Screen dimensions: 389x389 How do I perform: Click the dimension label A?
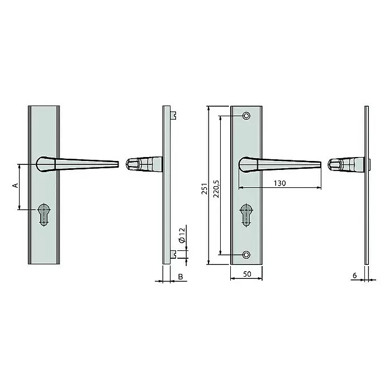(16, 185)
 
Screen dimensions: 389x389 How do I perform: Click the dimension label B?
(181, 276)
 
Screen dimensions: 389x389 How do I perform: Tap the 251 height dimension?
(204, 188)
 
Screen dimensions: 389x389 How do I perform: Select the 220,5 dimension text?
(216, 189)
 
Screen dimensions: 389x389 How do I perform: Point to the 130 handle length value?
(279, 183)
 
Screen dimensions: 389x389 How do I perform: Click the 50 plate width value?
(247, 274)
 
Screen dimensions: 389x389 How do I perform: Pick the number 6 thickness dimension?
(355, 276)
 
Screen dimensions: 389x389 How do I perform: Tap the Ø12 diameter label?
(182, 235)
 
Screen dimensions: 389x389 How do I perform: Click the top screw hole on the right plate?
(246, 116)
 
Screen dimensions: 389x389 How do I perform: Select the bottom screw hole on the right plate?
(246, 254)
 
